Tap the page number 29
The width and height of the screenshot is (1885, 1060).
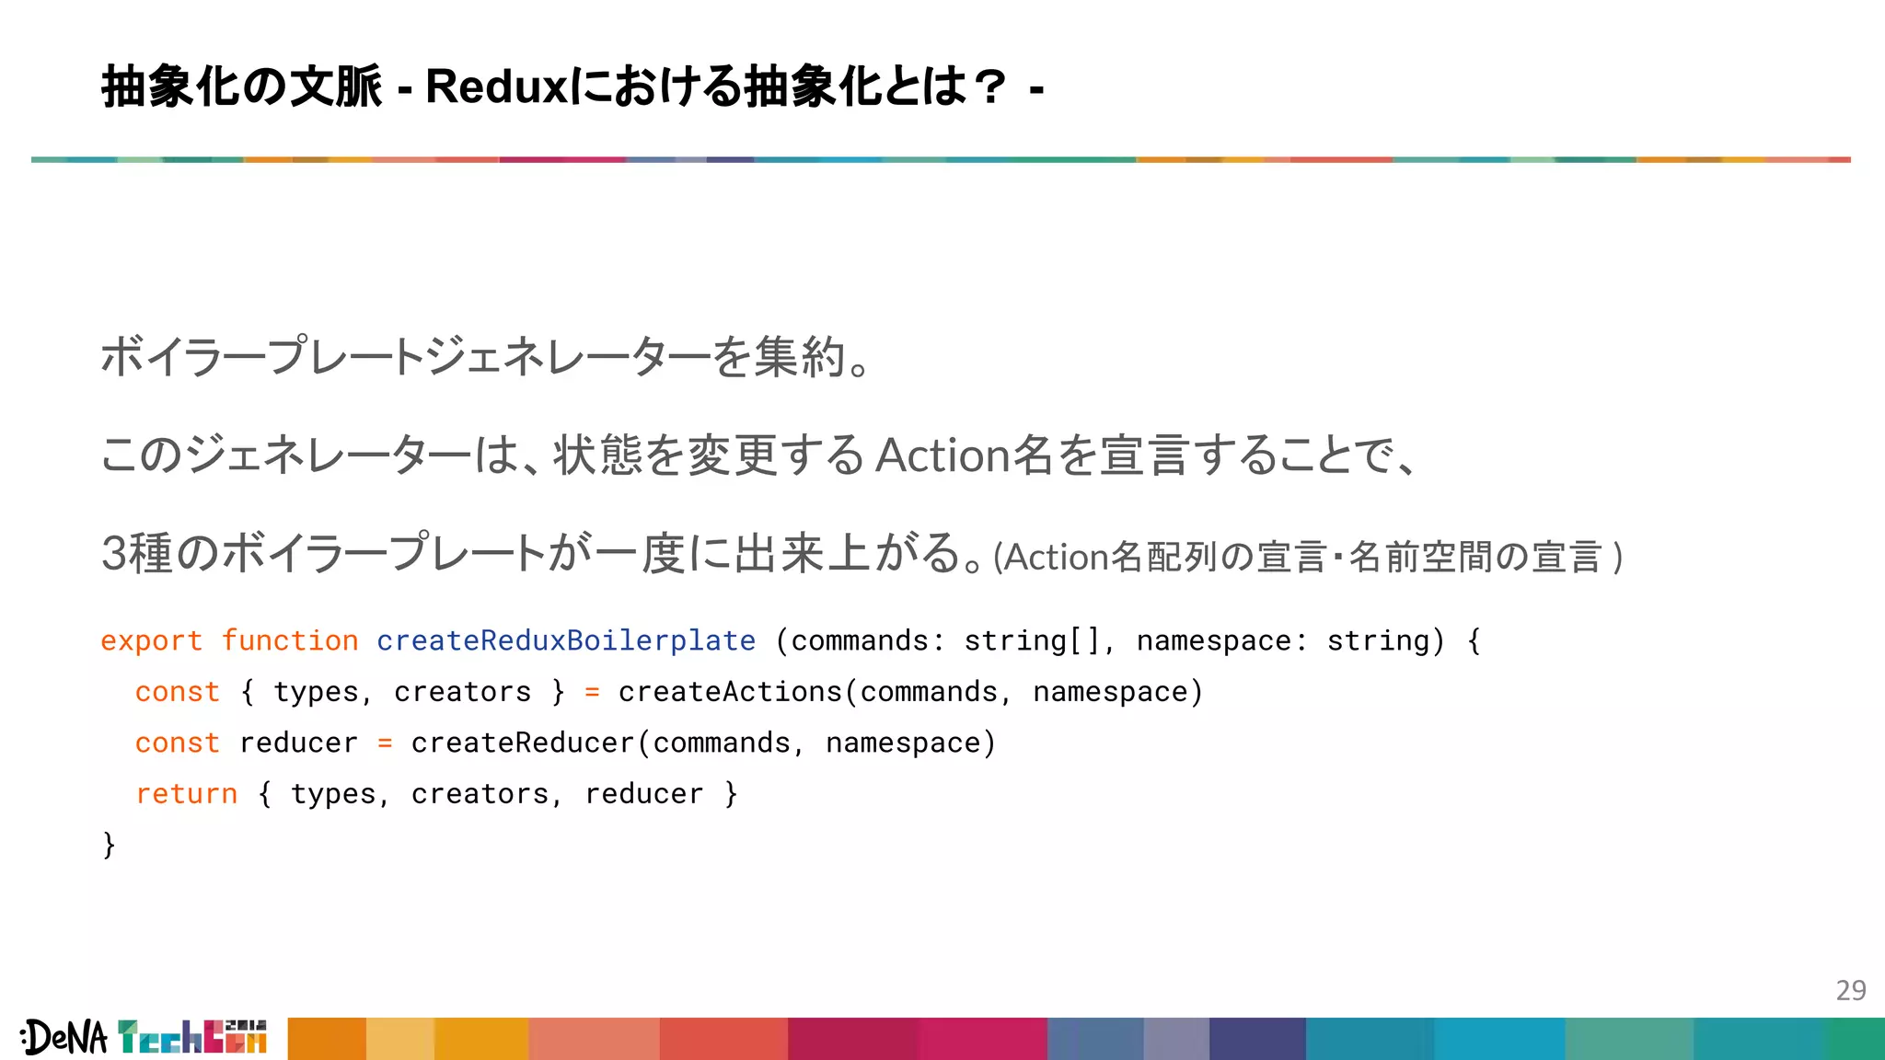pos(1850,990)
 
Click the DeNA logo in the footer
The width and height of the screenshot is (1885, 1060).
pos(64,1038)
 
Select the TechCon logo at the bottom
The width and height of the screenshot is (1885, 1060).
pos(191,1037)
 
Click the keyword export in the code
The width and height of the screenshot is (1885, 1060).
pos(151,640)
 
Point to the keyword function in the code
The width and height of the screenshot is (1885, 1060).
pos(290,640)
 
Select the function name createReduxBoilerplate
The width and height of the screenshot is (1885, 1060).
pos(566,640)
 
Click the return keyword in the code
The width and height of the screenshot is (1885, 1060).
pos(186,793)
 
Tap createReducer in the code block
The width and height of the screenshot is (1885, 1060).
pos(523,743)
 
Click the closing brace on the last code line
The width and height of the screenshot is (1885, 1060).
pos(109,844)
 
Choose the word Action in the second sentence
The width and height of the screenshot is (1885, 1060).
pos(943,455)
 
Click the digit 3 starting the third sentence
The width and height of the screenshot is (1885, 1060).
pos(113,554)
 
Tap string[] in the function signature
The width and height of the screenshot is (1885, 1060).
pos(1032,640)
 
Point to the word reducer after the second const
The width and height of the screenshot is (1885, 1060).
pos(298,743)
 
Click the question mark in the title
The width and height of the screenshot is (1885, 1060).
pos(990,87)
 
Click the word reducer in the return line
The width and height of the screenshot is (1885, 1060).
pos(643,793)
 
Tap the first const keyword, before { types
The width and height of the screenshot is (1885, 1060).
pos(177,692)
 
